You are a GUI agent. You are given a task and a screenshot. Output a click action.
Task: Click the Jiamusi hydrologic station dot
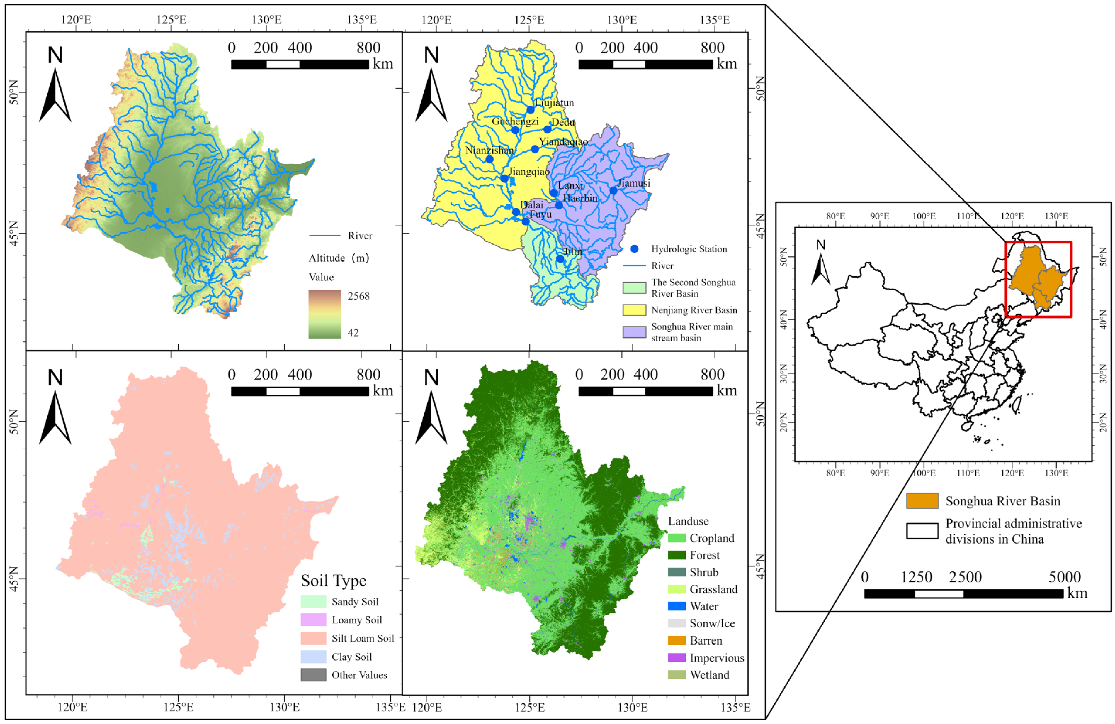tap(613, 190)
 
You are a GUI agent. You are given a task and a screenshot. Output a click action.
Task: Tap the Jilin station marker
tap(560, 259)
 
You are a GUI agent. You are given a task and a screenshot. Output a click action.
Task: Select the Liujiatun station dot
tap(530, 110)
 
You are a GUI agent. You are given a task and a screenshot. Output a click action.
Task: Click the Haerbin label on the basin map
tap(580, 198)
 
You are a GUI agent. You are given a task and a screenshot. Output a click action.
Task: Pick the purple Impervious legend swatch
tap(677, 657)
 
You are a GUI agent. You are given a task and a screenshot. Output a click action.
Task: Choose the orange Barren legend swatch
tap(677, 640)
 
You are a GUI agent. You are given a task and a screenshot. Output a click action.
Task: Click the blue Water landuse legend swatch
tap(677, 606)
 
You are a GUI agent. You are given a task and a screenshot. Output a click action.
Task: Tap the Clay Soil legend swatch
tap(313, 657)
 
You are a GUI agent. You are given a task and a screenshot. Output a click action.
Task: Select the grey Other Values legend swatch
tap(313, 675)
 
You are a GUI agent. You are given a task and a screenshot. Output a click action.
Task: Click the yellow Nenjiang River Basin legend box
tap(634, 310)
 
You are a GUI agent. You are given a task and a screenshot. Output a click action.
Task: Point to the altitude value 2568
tap(358, 296)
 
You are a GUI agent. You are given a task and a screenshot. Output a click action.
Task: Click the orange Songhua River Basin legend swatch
tap(922, 501)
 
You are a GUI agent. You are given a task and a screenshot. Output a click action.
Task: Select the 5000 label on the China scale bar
tap(1064, 577)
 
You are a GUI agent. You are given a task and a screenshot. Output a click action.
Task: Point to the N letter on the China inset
tap(821, 245)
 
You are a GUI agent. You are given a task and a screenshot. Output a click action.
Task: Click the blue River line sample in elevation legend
tap(325, 235)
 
